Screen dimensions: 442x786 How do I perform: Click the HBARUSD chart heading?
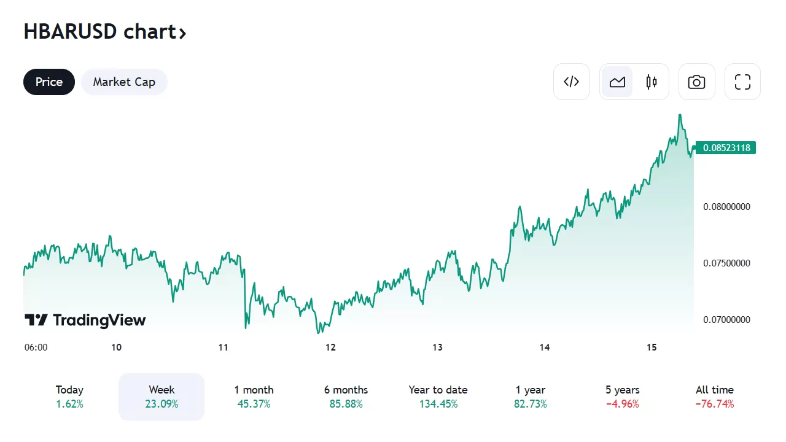(x=104, y=32)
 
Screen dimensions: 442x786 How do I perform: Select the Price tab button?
(x=49, y=82)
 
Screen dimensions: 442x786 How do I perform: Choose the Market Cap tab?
(x=124, y=82)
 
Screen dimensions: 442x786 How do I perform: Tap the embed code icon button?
(x=572, y=82)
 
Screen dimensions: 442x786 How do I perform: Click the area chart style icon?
(x=617, y=82)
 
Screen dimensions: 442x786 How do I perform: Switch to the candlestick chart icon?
(x=652, y=82)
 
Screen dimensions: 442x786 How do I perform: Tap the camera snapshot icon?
(x=696, y=82)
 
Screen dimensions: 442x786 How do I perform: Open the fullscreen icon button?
(x=742, y=82)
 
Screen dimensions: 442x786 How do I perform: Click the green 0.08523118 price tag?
(x=726, y=148)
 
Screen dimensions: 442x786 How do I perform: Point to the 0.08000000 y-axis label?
(x=726, y=207)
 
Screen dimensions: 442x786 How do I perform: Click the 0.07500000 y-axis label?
(x=726, y=263)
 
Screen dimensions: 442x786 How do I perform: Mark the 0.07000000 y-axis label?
(x=726, y=320)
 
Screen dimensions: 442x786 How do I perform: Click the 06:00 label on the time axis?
(x=36, y=347)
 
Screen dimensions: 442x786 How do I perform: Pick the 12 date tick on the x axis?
(x=330, y=347)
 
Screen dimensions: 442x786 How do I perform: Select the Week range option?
(x=161, y=397)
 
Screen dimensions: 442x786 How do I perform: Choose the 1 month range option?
(x=254, y=397)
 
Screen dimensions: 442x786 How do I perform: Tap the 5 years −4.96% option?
(x=622, y=397)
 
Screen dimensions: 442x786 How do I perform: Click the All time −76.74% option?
(x=714, y=397)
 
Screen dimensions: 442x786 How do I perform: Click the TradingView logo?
(x=85, y=320)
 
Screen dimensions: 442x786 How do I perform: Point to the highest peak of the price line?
(x=680, y=115)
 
